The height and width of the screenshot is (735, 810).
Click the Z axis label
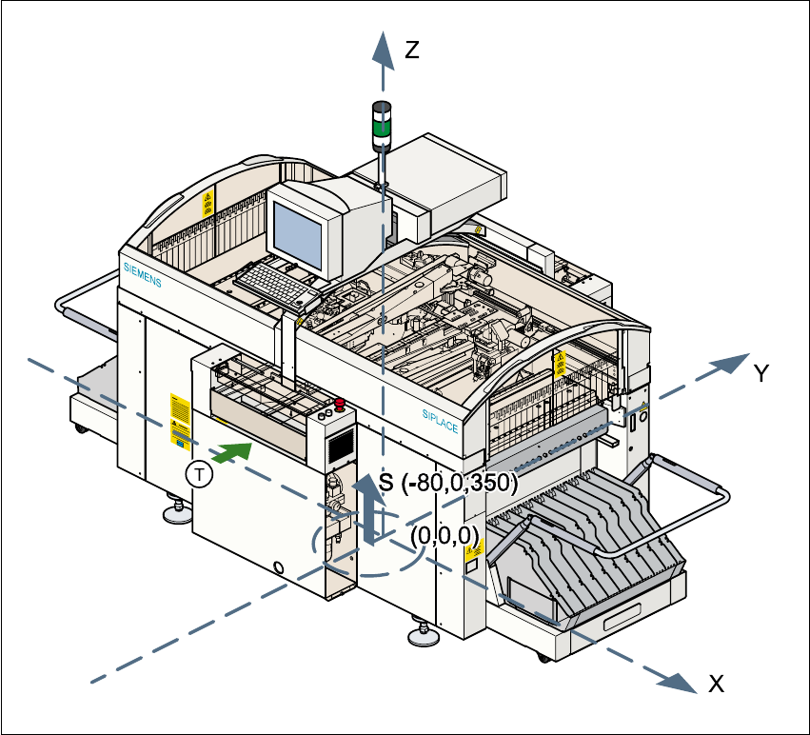coord(411,50)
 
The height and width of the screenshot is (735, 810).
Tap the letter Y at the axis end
coord(761,374)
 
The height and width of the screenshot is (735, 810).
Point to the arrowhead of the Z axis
coord(383,45)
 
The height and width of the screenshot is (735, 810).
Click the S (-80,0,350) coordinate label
coord(447,483)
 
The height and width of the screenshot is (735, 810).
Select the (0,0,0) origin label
coord(445,535)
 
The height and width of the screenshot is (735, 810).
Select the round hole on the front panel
coord(279,567)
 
